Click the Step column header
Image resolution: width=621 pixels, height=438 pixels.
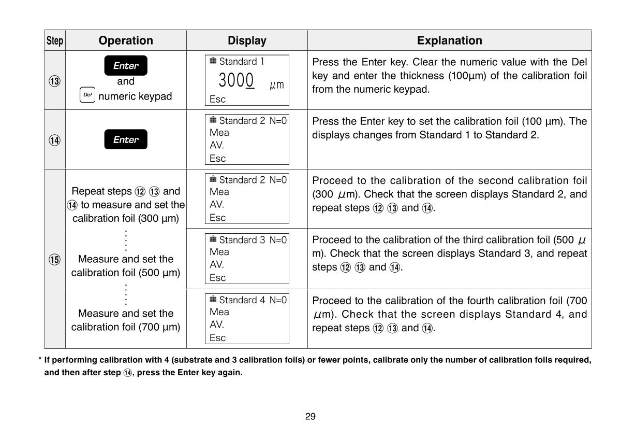click(x=55, y=40)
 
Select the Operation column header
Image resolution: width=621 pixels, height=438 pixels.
click(x=126, y=40)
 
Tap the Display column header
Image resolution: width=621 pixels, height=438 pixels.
click(x=247, y=40)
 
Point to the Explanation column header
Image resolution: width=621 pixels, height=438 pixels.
click(x=449, y=40)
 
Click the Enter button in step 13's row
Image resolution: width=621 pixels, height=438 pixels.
click(x=126, y=66)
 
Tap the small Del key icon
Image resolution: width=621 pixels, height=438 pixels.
click(x=87, y=96)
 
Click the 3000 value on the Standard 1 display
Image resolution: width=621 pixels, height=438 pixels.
click(x=236, y=81)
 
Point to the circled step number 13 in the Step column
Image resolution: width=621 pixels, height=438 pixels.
click(x=55, y=81)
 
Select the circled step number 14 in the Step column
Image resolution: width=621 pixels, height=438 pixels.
click(x=55, y=140)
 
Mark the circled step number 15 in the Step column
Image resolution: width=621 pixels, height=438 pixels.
click(x=55, y=260)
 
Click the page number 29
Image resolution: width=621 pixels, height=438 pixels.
click(x=310, y=416)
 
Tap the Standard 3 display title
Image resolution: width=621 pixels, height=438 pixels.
click(x=239, y=240)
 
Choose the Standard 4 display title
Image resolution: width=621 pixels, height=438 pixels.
click(x=239, y=300)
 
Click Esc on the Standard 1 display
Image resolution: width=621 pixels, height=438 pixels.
click(x=218, y=100)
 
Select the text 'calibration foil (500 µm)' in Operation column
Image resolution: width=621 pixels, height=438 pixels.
click(x=126, y=273)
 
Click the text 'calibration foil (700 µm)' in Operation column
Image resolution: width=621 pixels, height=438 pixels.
click(x=126, y=327)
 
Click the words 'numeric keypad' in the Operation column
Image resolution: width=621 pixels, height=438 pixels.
click(x=135, y=96)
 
